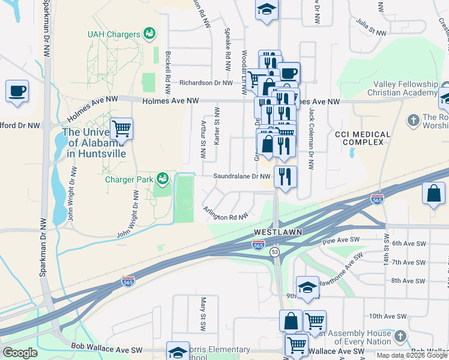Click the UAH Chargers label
(x=113, y=35)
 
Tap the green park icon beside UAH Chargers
(x=149, y=34)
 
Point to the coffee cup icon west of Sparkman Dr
(x=17, y=91)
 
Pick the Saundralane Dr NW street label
(x=243, y=176)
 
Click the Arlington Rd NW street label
(x=226, y=214)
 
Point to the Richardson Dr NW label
(x=206, y=83)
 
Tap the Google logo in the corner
(x=20, y=353)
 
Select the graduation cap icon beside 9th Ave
(x=307, y=287)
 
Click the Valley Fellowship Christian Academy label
(x=405, y=89)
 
